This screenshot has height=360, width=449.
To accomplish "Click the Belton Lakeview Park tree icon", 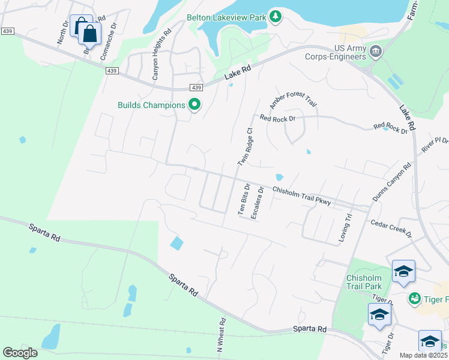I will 275,16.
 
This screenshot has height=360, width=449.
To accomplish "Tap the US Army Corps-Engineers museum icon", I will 376,51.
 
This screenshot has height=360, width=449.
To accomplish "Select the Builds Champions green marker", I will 194,105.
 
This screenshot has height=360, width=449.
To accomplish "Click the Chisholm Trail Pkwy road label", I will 301,197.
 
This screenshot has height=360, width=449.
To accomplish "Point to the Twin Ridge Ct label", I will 244,147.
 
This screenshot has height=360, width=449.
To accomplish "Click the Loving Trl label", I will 345,229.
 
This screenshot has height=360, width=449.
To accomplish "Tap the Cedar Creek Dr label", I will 391,227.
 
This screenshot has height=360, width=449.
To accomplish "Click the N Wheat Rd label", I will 220,334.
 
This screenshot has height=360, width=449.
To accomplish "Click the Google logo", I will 20,353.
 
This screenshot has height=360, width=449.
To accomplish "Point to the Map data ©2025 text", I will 423,355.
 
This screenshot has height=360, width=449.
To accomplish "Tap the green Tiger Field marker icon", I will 414,298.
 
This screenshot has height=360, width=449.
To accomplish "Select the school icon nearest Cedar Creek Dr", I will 403,272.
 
